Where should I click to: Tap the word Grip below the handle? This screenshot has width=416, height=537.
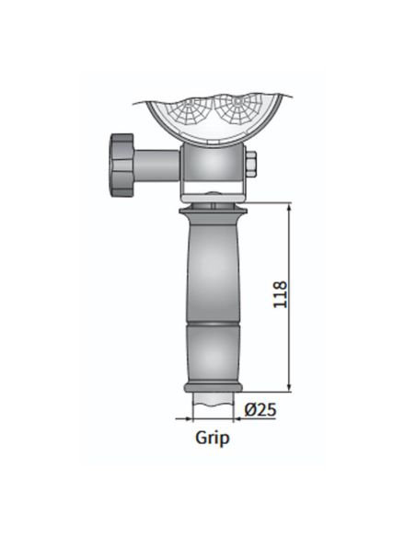click(212, 438)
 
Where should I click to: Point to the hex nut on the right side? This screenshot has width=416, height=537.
click(250, 166)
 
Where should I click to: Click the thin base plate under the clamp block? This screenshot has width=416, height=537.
click(214, 195)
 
